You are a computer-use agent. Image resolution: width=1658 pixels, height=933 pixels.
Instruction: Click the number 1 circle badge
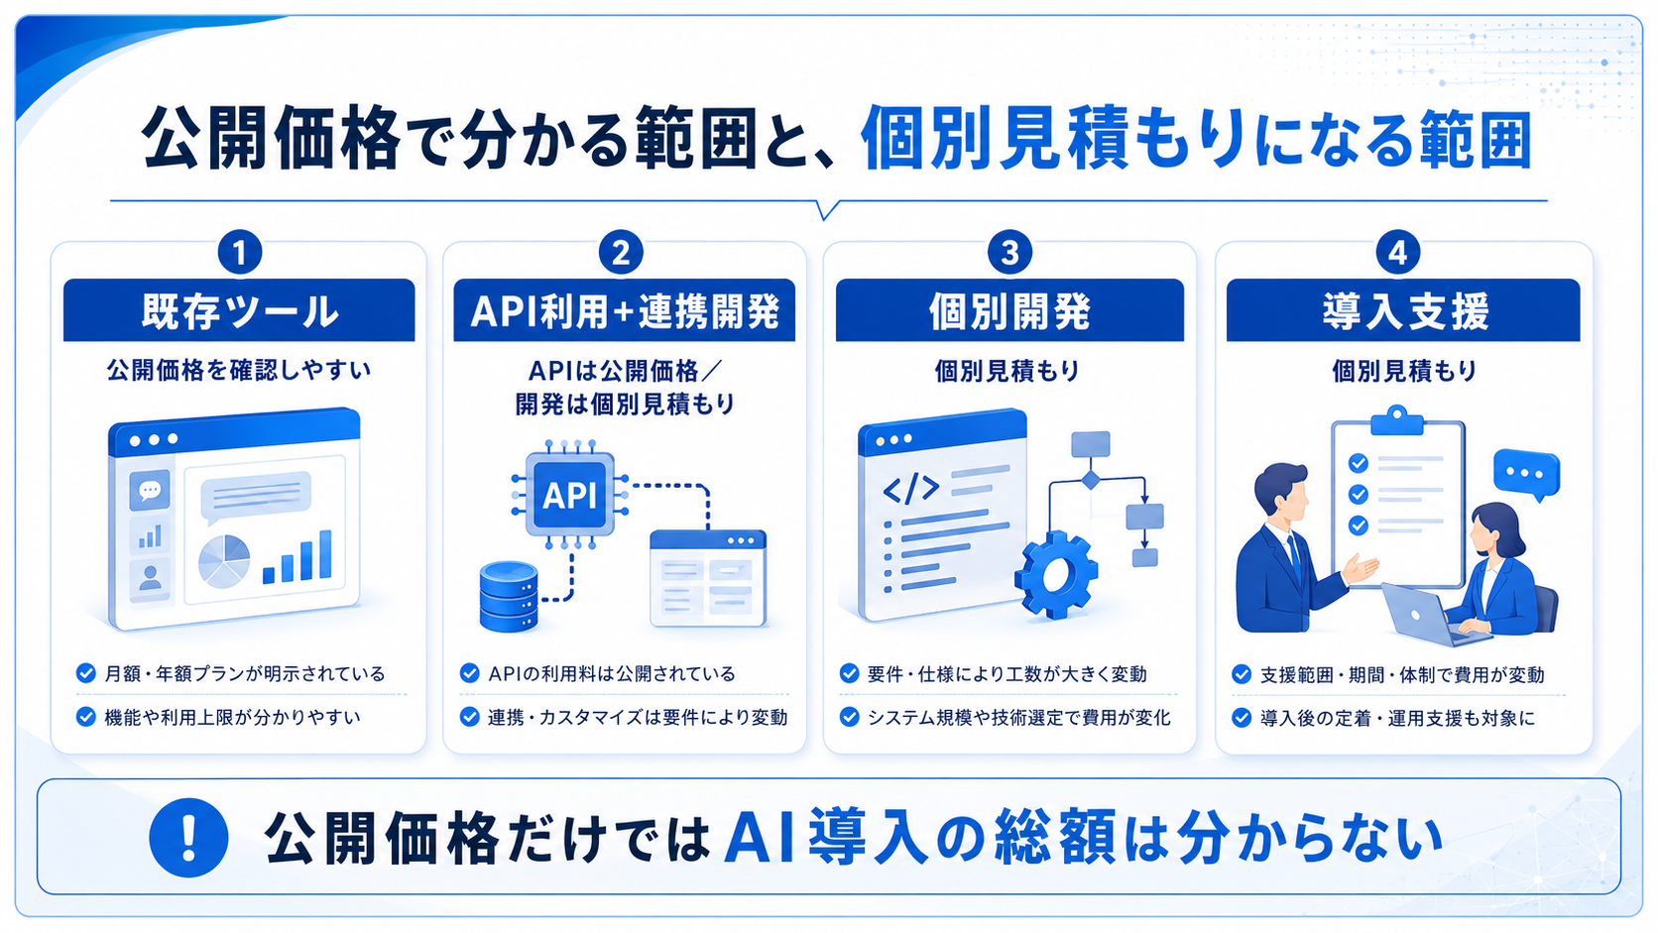240,252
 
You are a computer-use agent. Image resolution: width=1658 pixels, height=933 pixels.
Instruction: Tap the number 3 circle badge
1009,252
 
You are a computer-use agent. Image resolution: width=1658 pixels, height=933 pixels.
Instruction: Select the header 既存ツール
239,310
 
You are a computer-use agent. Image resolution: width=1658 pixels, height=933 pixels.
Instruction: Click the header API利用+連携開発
625,310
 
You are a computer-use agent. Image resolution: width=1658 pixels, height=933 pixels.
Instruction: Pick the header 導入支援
1403,310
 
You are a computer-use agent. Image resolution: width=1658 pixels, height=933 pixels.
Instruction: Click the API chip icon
569,494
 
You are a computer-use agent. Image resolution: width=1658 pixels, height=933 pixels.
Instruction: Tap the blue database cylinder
509,596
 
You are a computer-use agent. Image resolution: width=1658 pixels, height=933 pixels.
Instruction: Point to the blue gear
1056,574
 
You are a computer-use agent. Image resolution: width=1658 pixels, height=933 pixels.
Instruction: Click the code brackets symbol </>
911,489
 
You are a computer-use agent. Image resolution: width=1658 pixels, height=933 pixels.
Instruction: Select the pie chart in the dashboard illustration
224,561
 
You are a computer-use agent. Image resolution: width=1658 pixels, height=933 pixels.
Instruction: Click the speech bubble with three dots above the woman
1527,475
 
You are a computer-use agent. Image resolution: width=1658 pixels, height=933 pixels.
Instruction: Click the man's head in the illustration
1281,491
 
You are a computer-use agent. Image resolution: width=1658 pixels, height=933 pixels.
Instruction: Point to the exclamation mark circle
188,838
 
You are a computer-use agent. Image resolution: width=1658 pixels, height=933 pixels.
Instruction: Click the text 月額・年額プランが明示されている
245,674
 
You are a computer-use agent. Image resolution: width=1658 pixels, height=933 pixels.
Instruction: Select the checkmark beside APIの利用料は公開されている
469,672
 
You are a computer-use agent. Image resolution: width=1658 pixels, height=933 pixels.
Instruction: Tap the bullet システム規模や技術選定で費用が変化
1006,718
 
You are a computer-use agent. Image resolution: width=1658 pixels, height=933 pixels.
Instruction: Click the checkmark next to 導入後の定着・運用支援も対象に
1242,718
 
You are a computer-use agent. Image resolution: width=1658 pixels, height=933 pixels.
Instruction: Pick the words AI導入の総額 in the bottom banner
919,838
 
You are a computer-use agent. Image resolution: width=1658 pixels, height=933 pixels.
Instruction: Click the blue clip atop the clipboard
1397,420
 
